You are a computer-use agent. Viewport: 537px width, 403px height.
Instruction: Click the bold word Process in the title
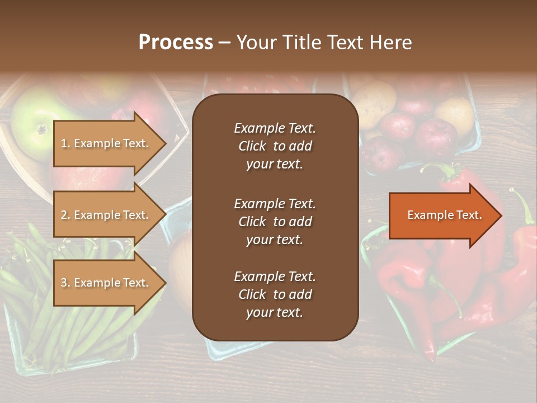pos(176,43)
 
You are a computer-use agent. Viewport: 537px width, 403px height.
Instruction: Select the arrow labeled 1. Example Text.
pos(106,143)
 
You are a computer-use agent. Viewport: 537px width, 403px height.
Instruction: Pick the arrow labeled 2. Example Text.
pos(106,215)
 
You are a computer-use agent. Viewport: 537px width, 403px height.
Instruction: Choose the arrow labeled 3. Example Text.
pos(106,283)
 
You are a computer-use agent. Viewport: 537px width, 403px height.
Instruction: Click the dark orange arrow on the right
pos(442,215)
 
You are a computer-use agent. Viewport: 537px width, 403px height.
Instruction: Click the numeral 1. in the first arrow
pos(65,143)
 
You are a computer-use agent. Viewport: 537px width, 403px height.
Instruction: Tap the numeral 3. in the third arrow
pos(65,283)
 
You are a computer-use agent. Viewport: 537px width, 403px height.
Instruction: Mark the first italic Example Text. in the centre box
pos(275,128)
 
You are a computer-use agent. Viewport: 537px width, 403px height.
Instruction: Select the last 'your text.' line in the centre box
pos(275,313)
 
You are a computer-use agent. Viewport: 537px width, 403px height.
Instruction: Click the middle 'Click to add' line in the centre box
pos(275,222)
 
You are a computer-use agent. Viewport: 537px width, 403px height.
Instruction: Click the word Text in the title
pos(346,43)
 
